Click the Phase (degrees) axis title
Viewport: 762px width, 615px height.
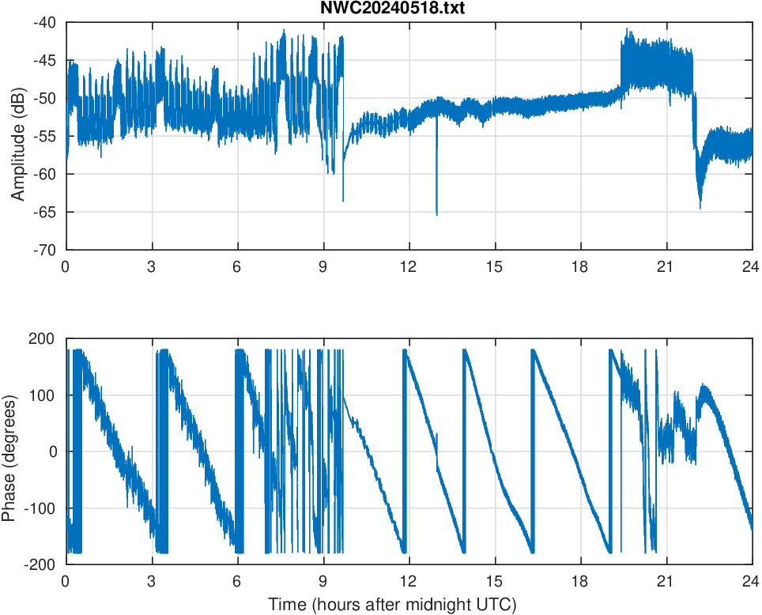(x=9, y=451)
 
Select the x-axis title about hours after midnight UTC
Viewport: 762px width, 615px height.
(x=392, y=605)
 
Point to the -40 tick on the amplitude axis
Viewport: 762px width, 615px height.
(x=45, y=22)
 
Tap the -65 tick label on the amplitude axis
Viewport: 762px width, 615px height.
(x=45, y=212)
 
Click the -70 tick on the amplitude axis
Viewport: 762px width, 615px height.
(x=45, y=250)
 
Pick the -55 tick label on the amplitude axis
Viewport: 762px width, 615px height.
(x=45, y=136)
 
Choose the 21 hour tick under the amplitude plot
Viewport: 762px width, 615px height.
(x=666, y=266)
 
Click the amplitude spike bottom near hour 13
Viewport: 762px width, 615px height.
(x=436, y=214)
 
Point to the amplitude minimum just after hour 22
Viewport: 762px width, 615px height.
(x=700, y=207)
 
